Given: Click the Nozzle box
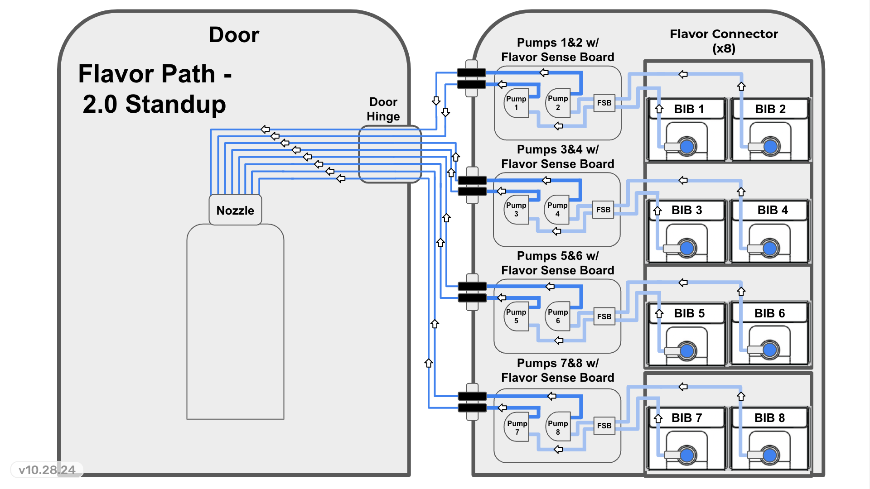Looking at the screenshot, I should click(235, 210).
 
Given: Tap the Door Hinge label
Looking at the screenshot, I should click(383, 109).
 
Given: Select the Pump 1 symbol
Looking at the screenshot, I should click(516, 103).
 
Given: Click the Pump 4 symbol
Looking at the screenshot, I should click(557, 209).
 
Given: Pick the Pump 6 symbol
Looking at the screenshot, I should click(557, 316).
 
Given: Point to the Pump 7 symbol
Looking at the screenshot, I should click(517, 427).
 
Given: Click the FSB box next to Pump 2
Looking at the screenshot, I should click(604, 103).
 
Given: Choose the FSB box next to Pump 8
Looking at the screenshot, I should click(604, 426).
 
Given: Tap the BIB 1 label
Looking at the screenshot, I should click(689, 109).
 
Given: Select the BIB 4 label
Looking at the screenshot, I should click(773, 210).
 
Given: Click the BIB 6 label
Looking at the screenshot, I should click(769, 313).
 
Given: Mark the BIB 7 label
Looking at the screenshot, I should click(686, 418).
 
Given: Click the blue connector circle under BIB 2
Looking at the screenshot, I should click(770, 146).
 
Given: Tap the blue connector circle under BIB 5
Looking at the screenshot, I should click(687, 350).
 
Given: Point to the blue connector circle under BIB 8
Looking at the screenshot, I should click(770, 455).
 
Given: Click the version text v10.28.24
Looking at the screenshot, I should click(47, 470).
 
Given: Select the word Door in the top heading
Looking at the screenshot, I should click(234, 35).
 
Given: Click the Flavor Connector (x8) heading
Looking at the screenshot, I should click(724, 41).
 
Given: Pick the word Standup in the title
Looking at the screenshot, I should click(175, 104).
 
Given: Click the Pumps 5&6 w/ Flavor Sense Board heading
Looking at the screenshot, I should click(557, 263).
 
